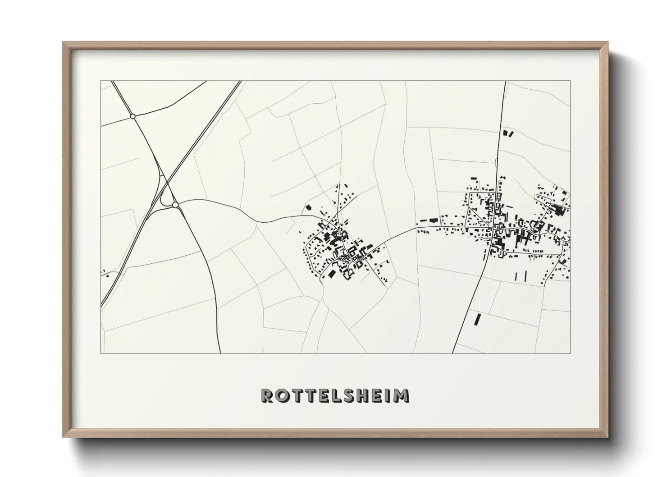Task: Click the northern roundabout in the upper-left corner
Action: (132, 116)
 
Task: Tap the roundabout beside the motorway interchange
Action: (175, 205)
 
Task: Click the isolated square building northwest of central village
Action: (309, 208)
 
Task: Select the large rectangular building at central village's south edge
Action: (332, 274)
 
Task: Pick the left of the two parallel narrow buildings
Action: (516, 275)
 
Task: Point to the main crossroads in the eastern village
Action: (493, 230)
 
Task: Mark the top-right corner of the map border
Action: (570, 81)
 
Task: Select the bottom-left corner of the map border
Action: (101, 353)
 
